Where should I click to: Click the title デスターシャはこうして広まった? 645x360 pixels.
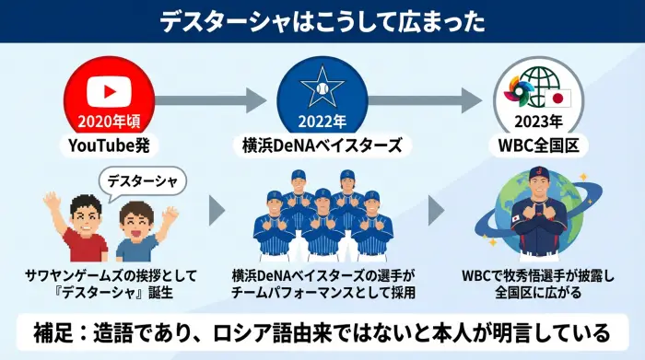pyautogui.click(x=322, y=21)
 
